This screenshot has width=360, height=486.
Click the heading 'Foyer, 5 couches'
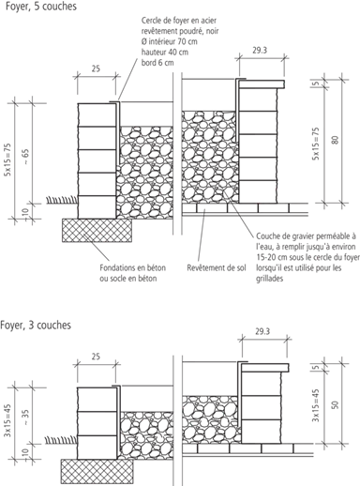coord(41,7)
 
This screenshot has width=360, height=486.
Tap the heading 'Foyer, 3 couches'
coord(36,325)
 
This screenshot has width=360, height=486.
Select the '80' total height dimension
coord(336,140)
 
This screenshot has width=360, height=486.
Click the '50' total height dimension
coord(335,404)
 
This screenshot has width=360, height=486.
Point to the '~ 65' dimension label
coord(25,157)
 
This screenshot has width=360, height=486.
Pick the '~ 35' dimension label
coord(26,418)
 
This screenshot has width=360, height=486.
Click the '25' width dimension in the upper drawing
coord(96,68)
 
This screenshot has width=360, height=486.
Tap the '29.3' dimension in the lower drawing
coord(262,331)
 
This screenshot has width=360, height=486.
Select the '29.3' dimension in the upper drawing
coord(260,50)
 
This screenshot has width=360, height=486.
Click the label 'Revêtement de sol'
coord(217,268)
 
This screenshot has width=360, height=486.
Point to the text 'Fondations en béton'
coord(133,268)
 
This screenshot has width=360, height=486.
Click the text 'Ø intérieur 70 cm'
coord(170,41)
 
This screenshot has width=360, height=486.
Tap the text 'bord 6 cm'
coord(157,63)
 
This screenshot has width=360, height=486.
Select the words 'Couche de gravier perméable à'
coord(306,236)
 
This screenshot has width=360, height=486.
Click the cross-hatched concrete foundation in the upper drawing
coord(97,230)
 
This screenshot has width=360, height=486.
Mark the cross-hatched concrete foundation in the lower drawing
coord(97,471)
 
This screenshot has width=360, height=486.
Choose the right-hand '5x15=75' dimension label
coord(316,144)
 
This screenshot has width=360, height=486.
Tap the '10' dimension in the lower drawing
coord(26,452)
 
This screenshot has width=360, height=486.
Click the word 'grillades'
coord(270,279)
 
